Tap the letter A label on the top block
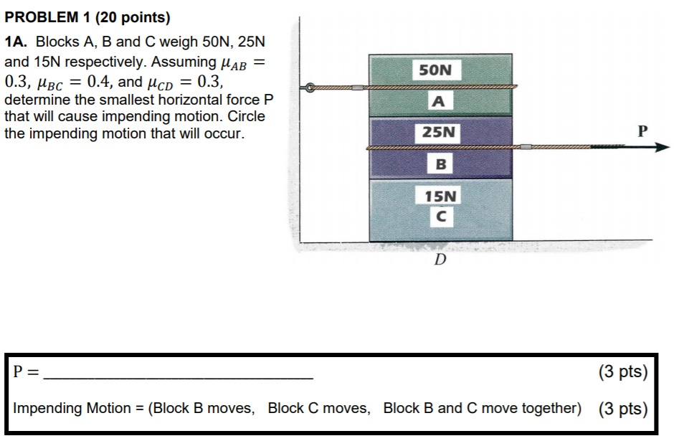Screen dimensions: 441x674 point(440,102)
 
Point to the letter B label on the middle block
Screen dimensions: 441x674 point(440,164)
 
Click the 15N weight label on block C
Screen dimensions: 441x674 point(440,196)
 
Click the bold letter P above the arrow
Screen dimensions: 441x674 point(642,131)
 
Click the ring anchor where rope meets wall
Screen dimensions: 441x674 point(310,88)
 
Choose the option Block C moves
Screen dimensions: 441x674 point(319,408)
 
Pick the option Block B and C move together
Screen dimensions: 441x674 point(481,408)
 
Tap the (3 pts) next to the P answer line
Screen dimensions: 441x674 point(622,372)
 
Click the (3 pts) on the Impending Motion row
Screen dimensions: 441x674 point(622,409)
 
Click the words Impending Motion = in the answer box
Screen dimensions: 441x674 point(77,408)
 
